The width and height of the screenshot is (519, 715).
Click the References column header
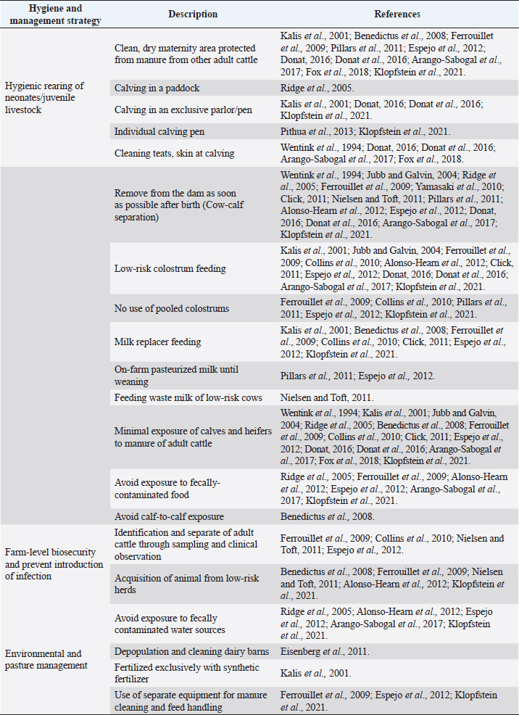tap(397, 14)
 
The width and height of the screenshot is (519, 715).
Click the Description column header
tap(193, 14)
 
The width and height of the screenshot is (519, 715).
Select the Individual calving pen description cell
tap(159, 131)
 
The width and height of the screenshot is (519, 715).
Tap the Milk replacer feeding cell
tap(158, 342)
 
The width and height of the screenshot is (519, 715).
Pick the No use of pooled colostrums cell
tap(172, 308)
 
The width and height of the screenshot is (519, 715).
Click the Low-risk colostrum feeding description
tap(170, 268)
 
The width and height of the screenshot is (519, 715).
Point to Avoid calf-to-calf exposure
tap(169, 517)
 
